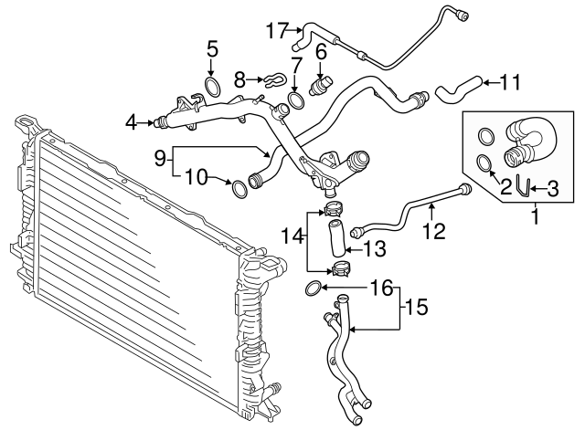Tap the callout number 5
[x=212, y=48]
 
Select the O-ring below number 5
[x=212, y=88]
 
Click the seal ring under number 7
[x=296, y=98]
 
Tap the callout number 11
[x=510, y=82]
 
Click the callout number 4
[x=132, y=120]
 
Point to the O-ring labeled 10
[x=239, y=189]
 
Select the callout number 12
[x=433, y=232]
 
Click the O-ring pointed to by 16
[x=314, y=289]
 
